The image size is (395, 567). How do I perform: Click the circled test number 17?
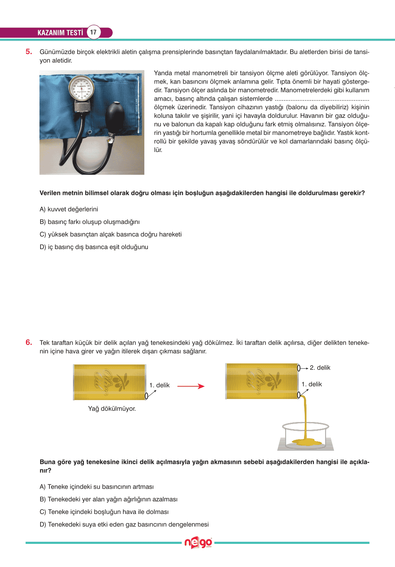coord(93,32)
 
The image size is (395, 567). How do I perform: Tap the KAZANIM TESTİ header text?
coord(60,33)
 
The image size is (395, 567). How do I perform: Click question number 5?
coord(29,52)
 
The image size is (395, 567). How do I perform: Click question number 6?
coord(29,342)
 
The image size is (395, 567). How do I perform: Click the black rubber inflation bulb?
coord(116,115)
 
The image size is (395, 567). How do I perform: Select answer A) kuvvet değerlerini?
coord(69,209)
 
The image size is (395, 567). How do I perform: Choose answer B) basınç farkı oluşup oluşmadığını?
coord(90,222)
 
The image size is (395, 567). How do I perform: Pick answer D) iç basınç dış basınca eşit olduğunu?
coord(94,247)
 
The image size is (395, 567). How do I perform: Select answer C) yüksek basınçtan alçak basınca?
coord(111,234)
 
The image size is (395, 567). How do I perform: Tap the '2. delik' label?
coord(320,368)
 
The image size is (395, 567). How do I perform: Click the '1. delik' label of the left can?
coord(159,385)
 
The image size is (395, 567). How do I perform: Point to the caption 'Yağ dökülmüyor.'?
coord(112,409)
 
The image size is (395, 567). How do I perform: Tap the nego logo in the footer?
coord(198,543)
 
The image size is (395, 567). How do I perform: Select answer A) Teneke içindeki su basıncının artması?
coord(97,487)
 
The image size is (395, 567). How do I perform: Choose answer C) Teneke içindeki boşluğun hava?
coord(104,512)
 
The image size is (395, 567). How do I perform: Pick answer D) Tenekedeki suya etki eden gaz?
coord(124,524)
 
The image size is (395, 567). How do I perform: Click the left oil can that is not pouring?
coord(110,382)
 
